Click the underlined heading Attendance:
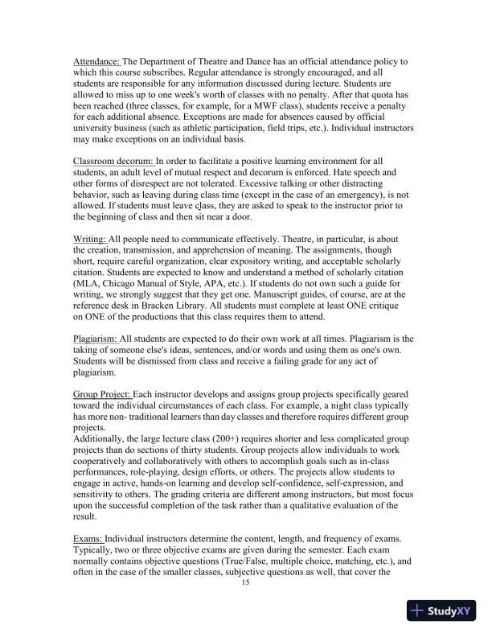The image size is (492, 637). pos(96,61)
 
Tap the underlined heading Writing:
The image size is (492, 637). pos(89,240)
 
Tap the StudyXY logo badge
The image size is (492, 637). pos(444,611)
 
